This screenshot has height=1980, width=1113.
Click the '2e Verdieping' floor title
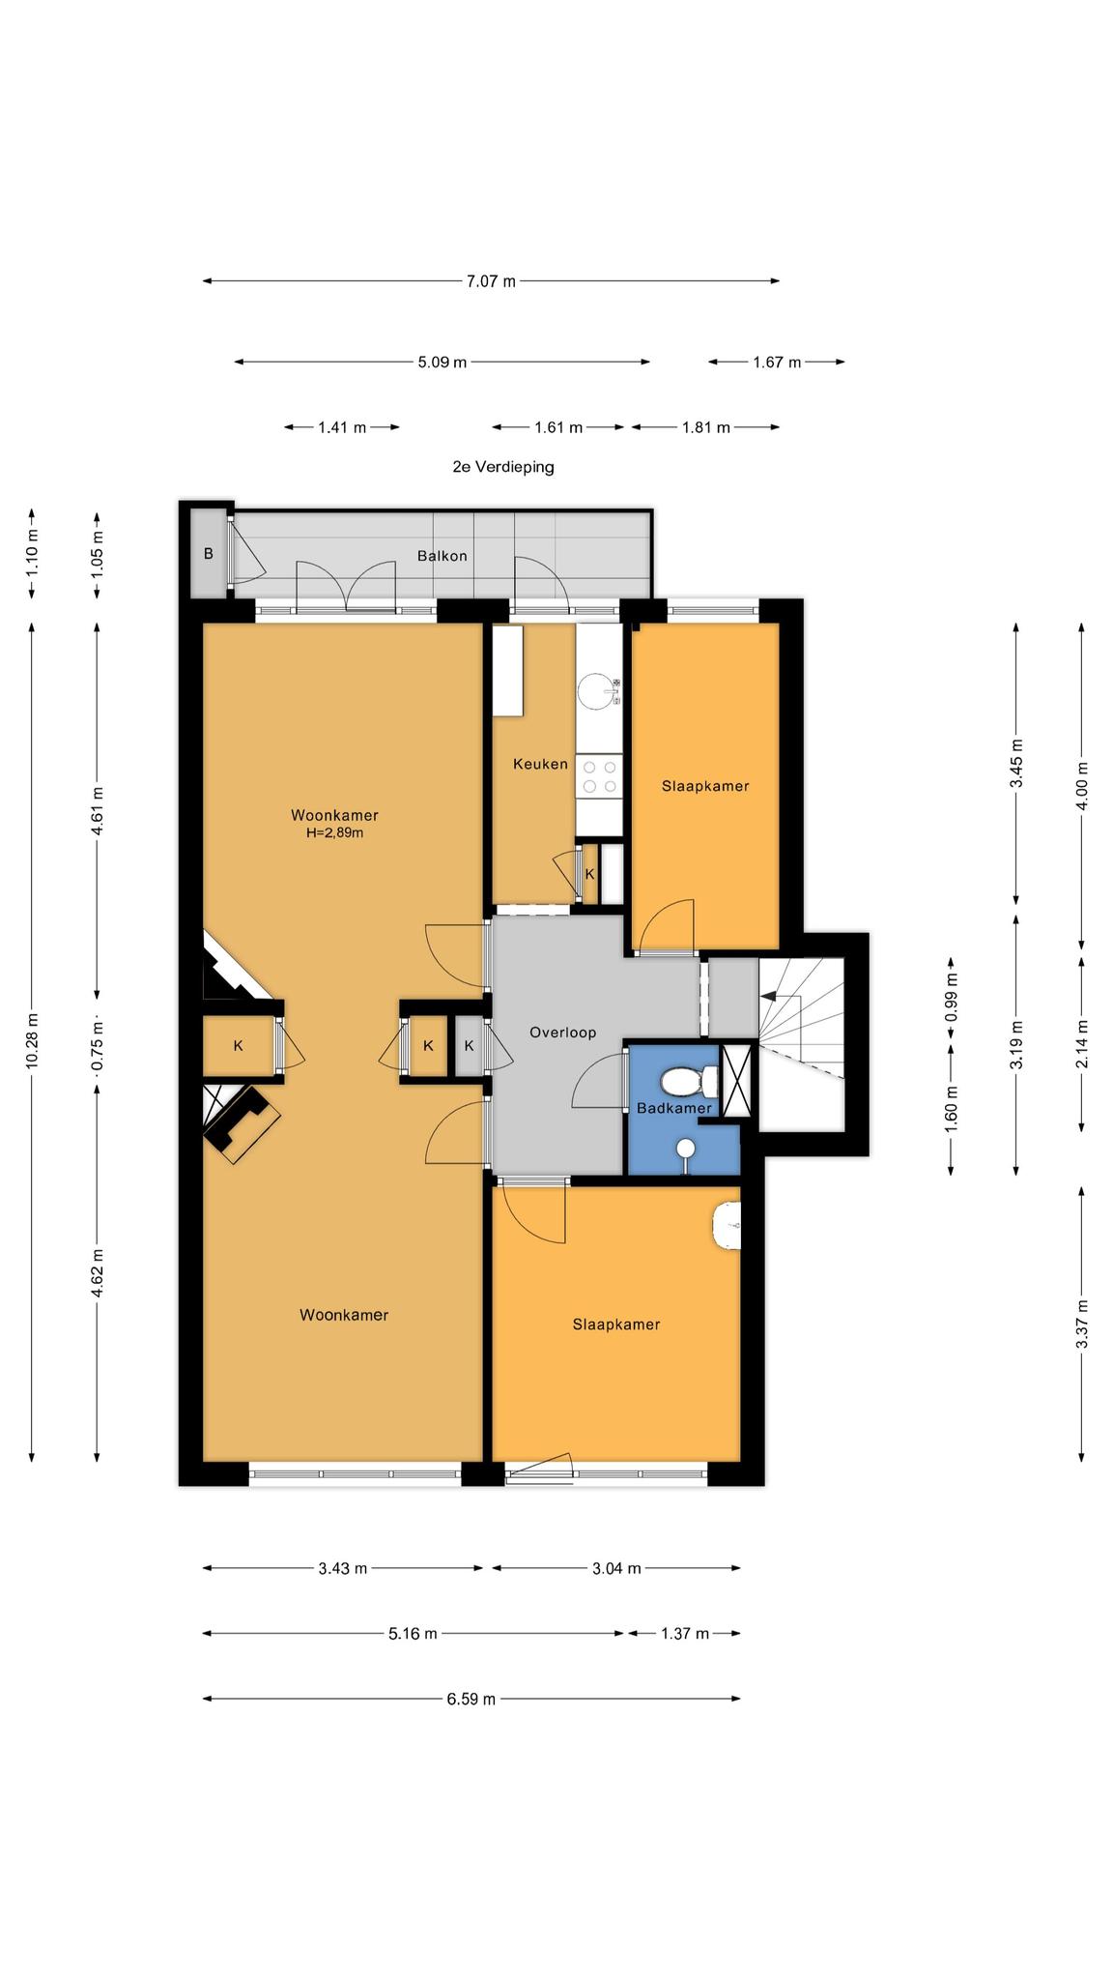503,467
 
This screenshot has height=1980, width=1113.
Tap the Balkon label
442,556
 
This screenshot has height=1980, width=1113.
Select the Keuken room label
540,764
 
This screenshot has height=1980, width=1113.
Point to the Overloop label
562,1033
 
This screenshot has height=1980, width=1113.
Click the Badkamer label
674,1108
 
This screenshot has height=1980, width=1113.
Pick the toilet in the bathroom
689,1079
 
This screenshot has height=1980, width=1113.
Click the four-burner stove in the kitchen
600,776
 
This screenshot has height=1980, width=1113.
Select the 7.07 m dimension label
491,281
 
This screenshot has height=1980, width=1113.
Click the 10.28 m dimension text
32,1040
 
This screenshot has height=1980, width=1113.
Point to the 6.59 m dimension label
471,1699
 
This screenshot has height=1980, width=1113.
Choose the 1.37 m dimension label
685,1633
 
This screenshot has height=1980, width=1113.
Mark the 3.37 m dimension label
1082,1324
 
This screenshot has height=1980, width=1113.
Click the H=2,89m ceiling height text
335,832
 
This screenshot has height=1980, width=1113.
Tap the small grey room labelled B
208,554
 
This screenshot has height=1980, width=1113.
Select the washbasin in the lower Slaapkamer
726,1226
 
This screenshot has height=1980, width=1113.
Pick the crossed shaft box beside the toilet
738,1081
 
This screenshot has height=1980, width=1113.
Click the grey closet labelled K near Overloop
470,1045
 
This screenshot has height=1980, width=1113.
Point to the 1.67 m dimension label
777,363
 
